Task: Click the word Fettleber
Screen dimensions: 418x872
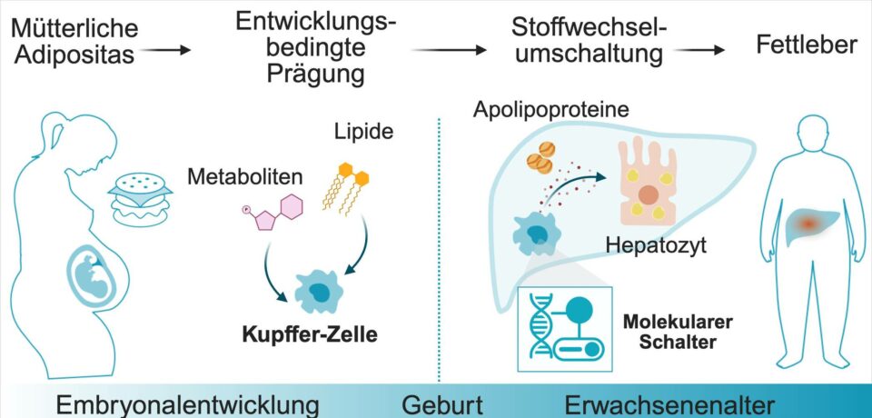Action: click(806, 44)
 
